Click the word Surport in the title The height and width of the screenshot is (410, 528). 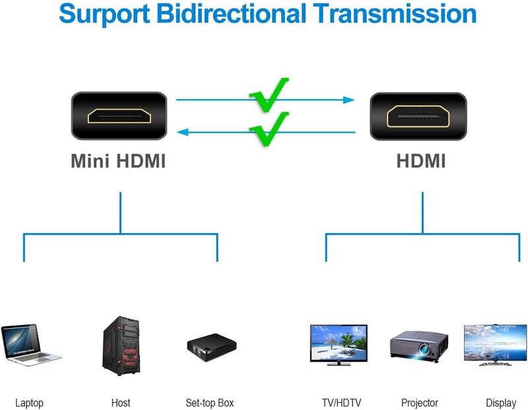pyautogui.click(x=104, y=14)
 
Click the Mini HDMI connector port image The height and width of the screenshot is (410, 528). pyautogui.click(x=119, y=116)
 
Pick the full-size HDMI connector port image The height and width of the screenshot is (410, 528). pyautogui.click(x=418, y=116)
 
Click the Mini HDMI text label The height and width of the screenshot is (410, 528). pyautogui.click(x=118, y=160)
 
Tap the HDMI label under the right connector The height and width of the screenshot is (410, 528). pyautogui.click(x=421, y=160)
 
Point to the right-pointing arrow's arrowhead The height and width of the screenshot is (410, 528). pyautogui.click(x=348, y=100)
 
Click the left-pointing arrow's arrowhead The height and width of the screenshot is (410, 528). pyautogui.click(x=183, y=132)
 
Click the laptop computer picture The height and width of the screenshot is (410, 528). pyautogui.click(x=30, y=345)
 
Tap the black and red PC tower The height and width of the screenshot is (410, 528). pyautogui.click(x=121, y=346)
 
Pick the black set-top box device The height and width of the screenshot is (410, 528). pyautogui.click(x=212, y=347)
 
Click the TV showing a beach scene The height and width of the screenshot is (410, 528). pyautogui.click(x=339, y=345)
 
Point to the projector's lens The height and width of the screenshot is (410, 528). pyautogui.click(x=424, y=349)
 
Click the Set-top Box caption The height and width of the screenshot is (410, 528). pyautogui.click(x=209, y=403)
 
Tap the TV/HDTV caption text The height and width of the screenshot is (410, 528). pyautogui.click(x=341, y=403)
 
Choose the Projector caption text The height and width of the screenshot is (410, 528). pyautogui.click(x=420, y=403)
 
